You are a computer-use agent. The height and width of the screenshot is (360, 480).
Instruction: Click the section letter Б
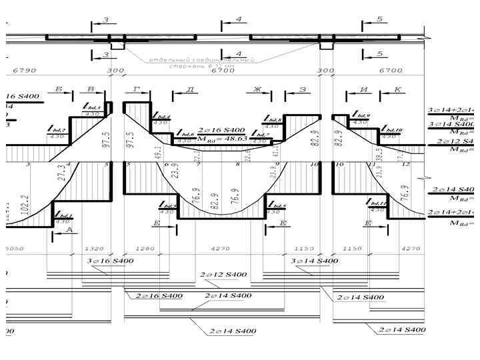(x=59, y=89)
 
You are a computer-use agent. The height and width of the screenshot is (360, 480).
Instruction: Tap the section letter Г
(x=136, y=89)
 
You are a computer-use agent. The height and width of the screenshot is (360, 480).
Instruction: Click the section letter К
(x=398, y=89)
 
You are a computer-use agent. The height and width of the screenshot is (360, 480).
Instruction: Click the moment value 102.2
(x=25, y=204)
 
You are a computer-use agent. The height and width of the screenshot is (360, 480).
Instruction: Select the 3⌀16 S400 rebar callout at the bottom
(x=110, y=261)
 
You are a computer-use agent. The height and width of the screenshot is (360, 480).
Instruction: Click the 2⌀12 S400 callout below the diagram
(x=223, y=274)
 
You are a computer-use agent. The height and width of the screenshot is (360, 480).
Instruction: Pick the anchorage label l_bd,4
(x=162, y=117)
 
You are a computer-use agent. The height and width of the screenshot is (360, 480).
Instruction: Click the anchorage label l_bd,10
(x=390, y=130)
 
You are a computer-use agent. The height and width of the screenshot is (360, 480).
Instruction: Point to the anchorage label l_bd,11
(x=379, y=203)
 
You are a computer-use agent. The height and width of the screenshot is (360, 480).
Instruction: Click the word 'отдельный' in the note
(x=167, y=59)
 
